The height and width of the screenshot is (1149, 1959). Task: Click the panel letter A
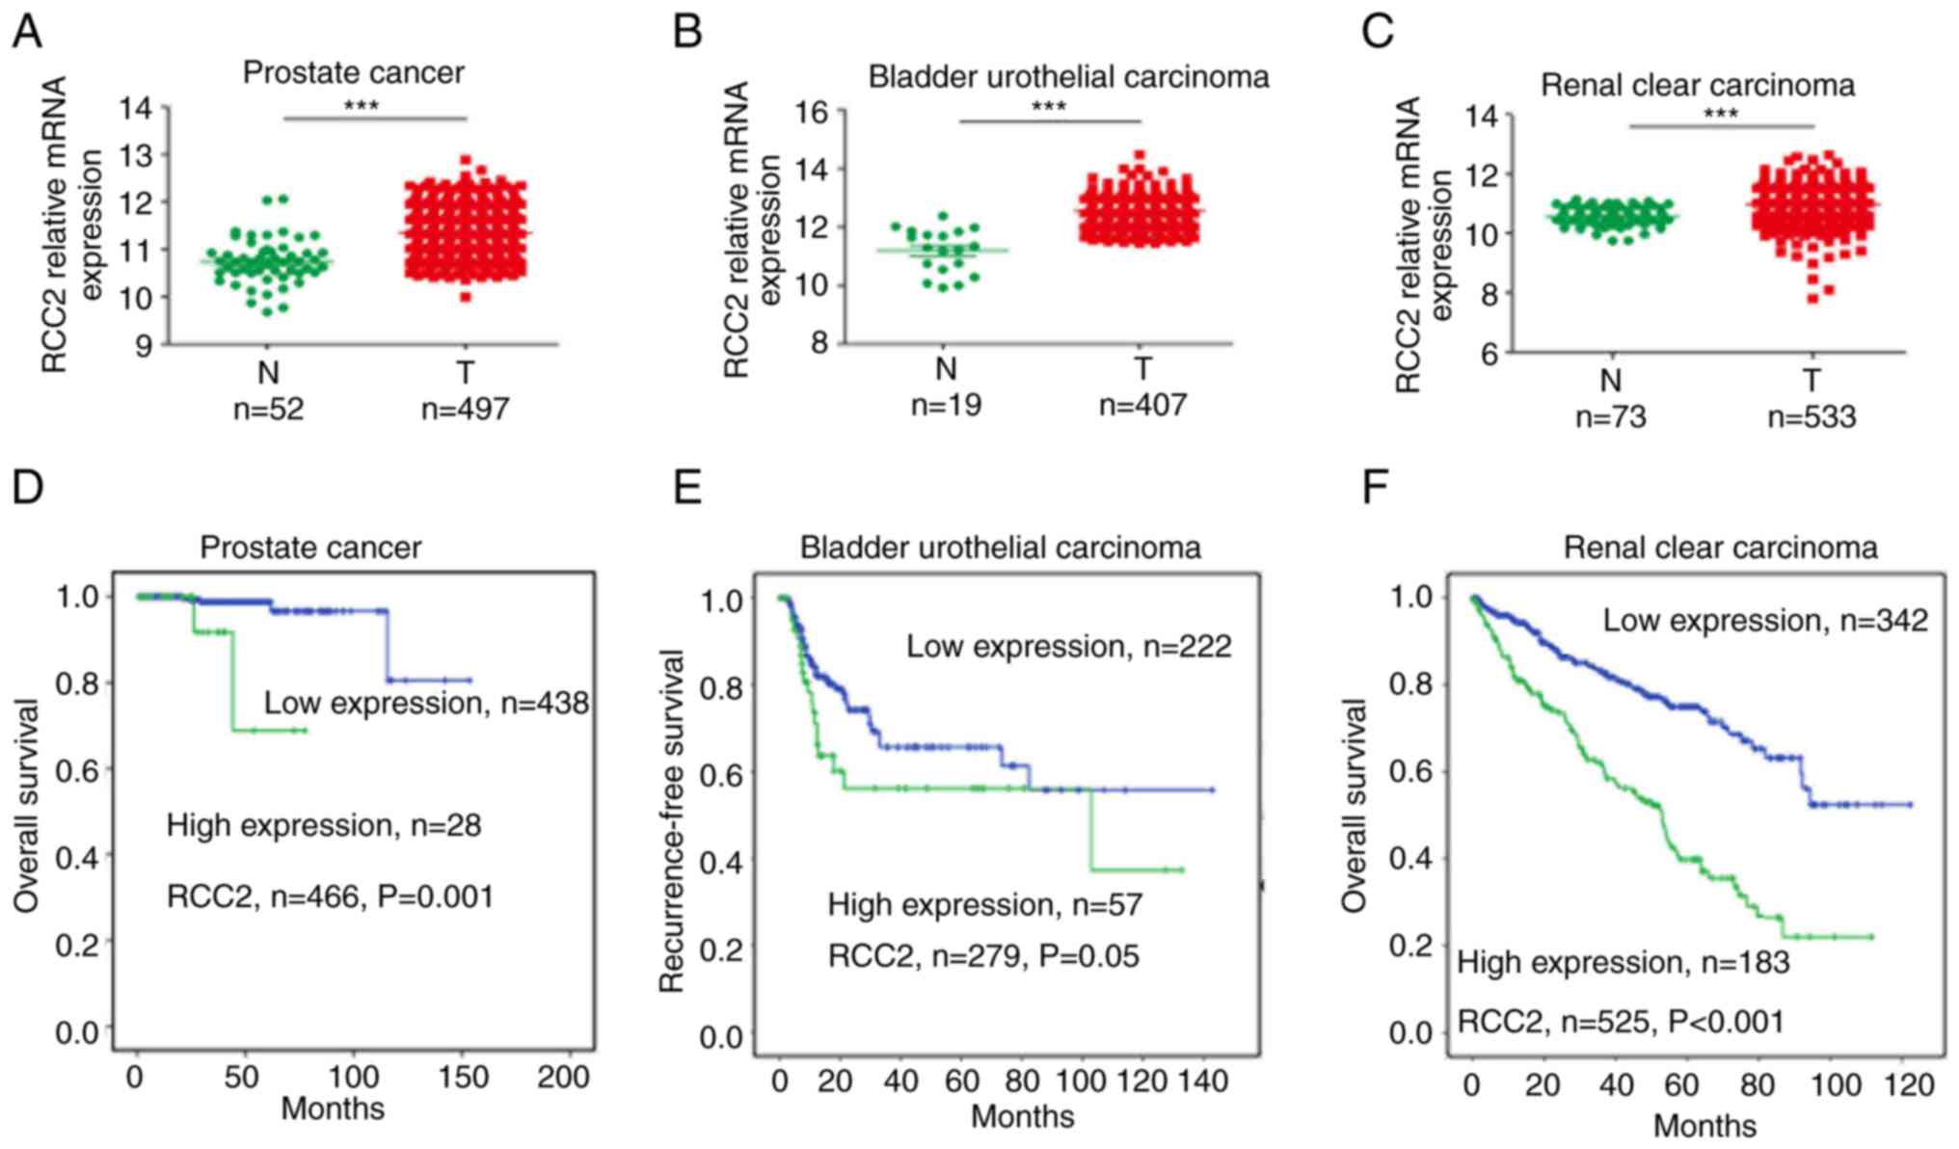[26, 32]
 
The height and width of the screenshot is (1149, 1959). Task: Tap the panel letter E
[686, 488]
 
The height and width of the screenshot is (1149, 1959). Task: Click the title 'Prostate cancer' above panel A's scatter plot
[353, 72]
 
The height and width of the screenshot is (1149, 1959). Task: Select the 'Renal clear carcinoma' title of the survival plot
[1720, 548]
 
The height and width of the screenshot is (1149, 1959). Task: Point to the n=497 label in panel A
[465, 409]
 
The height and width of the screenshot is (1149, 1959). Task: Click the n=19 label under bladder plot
[946, 405]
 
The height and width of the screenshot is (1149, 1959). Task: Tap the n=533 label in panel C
[1811, 416]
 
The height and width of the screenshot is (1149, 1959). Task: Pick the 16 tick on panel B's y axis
[812, 113]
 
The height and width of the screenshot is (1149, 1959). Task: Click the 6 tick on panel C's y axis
[1489, 354]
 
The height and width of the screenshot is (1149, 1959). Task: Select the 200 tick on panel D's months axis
[563, 1076]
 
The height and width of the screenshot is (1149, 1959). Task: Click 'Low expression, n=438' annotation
[426, 703]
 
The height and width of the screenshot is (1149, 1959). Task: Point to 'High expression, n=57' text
[984, 904]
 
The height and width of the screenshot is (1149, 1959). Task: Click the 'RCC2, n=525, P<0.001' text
[1620, 1021]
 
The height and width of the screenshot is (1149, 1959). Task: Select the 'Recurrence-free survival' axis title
[671, 821]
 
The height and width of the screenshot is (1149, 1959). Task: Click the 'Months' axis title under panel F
[1704, 1125]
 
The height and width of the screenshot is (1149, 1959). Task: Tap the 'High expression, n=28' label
[324, 825]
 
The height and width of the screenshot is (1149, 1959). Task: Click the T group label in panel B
[1142, 368]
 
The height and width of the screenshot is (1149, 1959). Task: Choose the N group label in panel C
[1610, 380]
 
